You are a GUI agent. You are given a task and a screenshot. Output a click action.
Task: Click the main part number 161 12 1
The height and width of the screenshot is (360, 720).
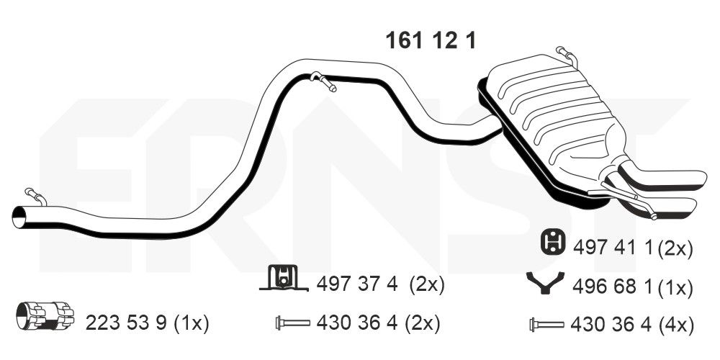point(431,41)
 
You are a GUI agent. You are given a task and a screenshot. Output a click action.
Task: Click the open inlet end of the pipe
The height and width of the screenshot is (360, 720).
point(19,217)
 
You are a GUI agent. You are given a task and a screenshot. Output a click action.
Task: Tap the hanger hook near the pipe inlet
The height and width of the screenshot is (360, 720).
point(36,196)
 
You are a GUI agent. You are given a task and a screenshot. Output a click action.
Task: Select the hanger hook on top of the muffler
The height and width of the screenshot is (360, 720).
point(567,55)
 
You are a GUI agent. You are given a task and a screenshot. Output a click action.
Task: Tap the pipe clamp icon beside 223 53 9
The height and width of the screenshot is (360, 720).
point(45,315)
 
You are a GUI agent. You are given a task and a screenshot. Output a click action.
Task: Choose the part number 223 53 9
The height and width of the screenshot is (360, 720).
point(126,324)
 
